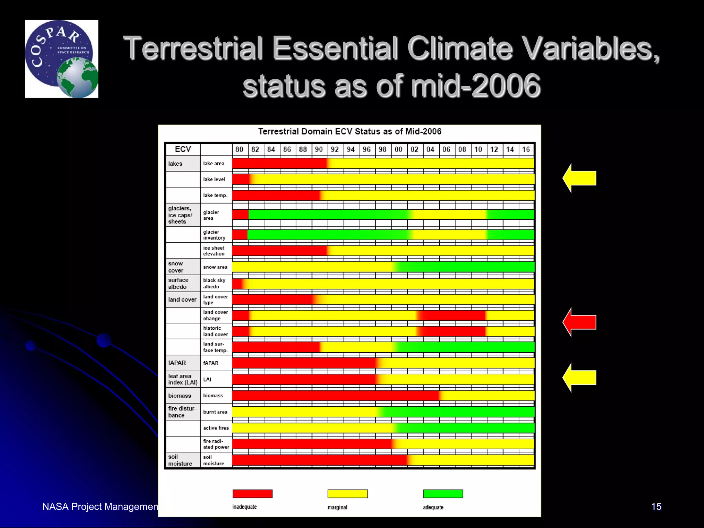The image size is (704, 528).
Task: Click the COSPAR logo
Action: (x=62, y=59)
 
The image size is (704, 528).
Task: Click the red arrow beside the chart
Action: (x=581, y=322)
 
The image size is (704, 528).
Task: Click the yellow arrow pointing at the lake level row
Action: (x=581, y=178)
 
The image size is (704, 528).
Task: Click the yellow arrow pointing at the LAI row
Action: (x=581, y=377)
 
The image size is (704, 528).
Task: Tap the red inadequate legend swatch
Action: (x=252, y=494)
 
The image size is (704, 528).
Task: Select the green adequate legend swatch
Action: (x=443, y=494)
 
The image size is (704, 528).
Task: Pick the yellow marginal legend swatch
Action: (x=348, y=494)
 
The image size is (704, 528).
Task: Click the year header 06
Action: (x=446, y=150)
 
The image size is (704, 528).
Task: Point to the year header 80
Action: (x=239, y=150)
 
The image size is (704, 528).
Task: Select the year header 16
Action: (x=526, y=150)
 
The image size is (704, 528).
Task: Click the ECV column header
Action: (x=183, y=149)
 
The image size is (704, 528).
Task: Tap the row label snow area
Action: (x=215, y=267)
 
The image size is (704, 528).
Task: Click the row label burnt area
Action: (x=215, y=412)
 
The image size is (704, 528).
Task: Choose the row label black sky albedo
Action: (x=214, y=283)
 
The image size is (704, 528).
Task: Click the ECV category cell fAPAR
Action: (x=177, y=363)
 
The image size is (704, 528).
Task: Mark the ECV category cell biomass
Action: (x=179, y=396)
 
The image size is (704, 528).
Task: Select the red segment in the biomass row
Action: (x=335, y=395)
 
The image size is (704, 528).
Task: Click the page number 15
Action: (x=656, y=506)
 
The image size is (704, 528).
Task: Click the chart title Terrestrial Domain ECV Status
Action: (x=350, y=132)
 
